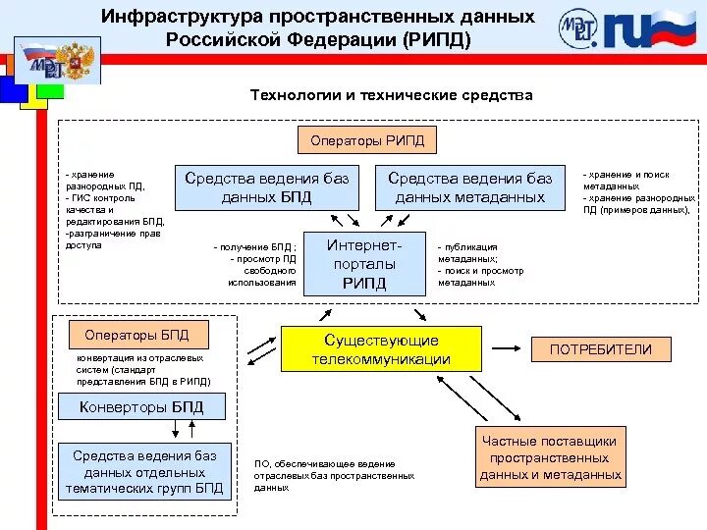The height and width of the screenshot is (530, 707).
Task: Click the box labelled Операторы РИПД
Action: click(368, 141)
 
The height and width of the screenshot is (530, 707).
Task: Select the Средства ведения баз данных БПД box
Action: click(266, 187)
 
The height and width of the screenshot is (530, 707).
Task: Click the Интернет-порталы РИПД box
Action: click(364, 263)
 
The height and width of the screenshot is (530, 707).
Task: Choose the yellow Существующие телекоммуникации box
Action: click(381, 348)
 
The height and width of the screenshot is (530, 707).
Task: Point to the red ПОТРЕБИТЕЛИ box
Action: click(600, 349)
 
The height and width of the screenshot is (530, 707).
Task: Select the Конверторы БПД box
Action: click(141, 406)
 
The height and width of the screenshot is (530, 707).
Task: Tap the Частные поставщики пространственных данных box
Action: click(550, 458)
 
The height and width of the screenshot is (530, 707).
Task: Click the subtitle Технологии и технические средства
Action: click(392, 95)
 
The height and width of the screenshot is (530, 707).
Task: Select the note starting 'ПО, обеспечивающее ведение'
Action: click(334, 475)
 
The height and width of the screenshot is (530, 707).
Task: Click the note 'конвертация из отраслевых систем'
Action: click(143, 369)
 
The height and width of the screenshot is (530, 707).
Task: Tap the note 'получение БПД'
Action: click(255, 264)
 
